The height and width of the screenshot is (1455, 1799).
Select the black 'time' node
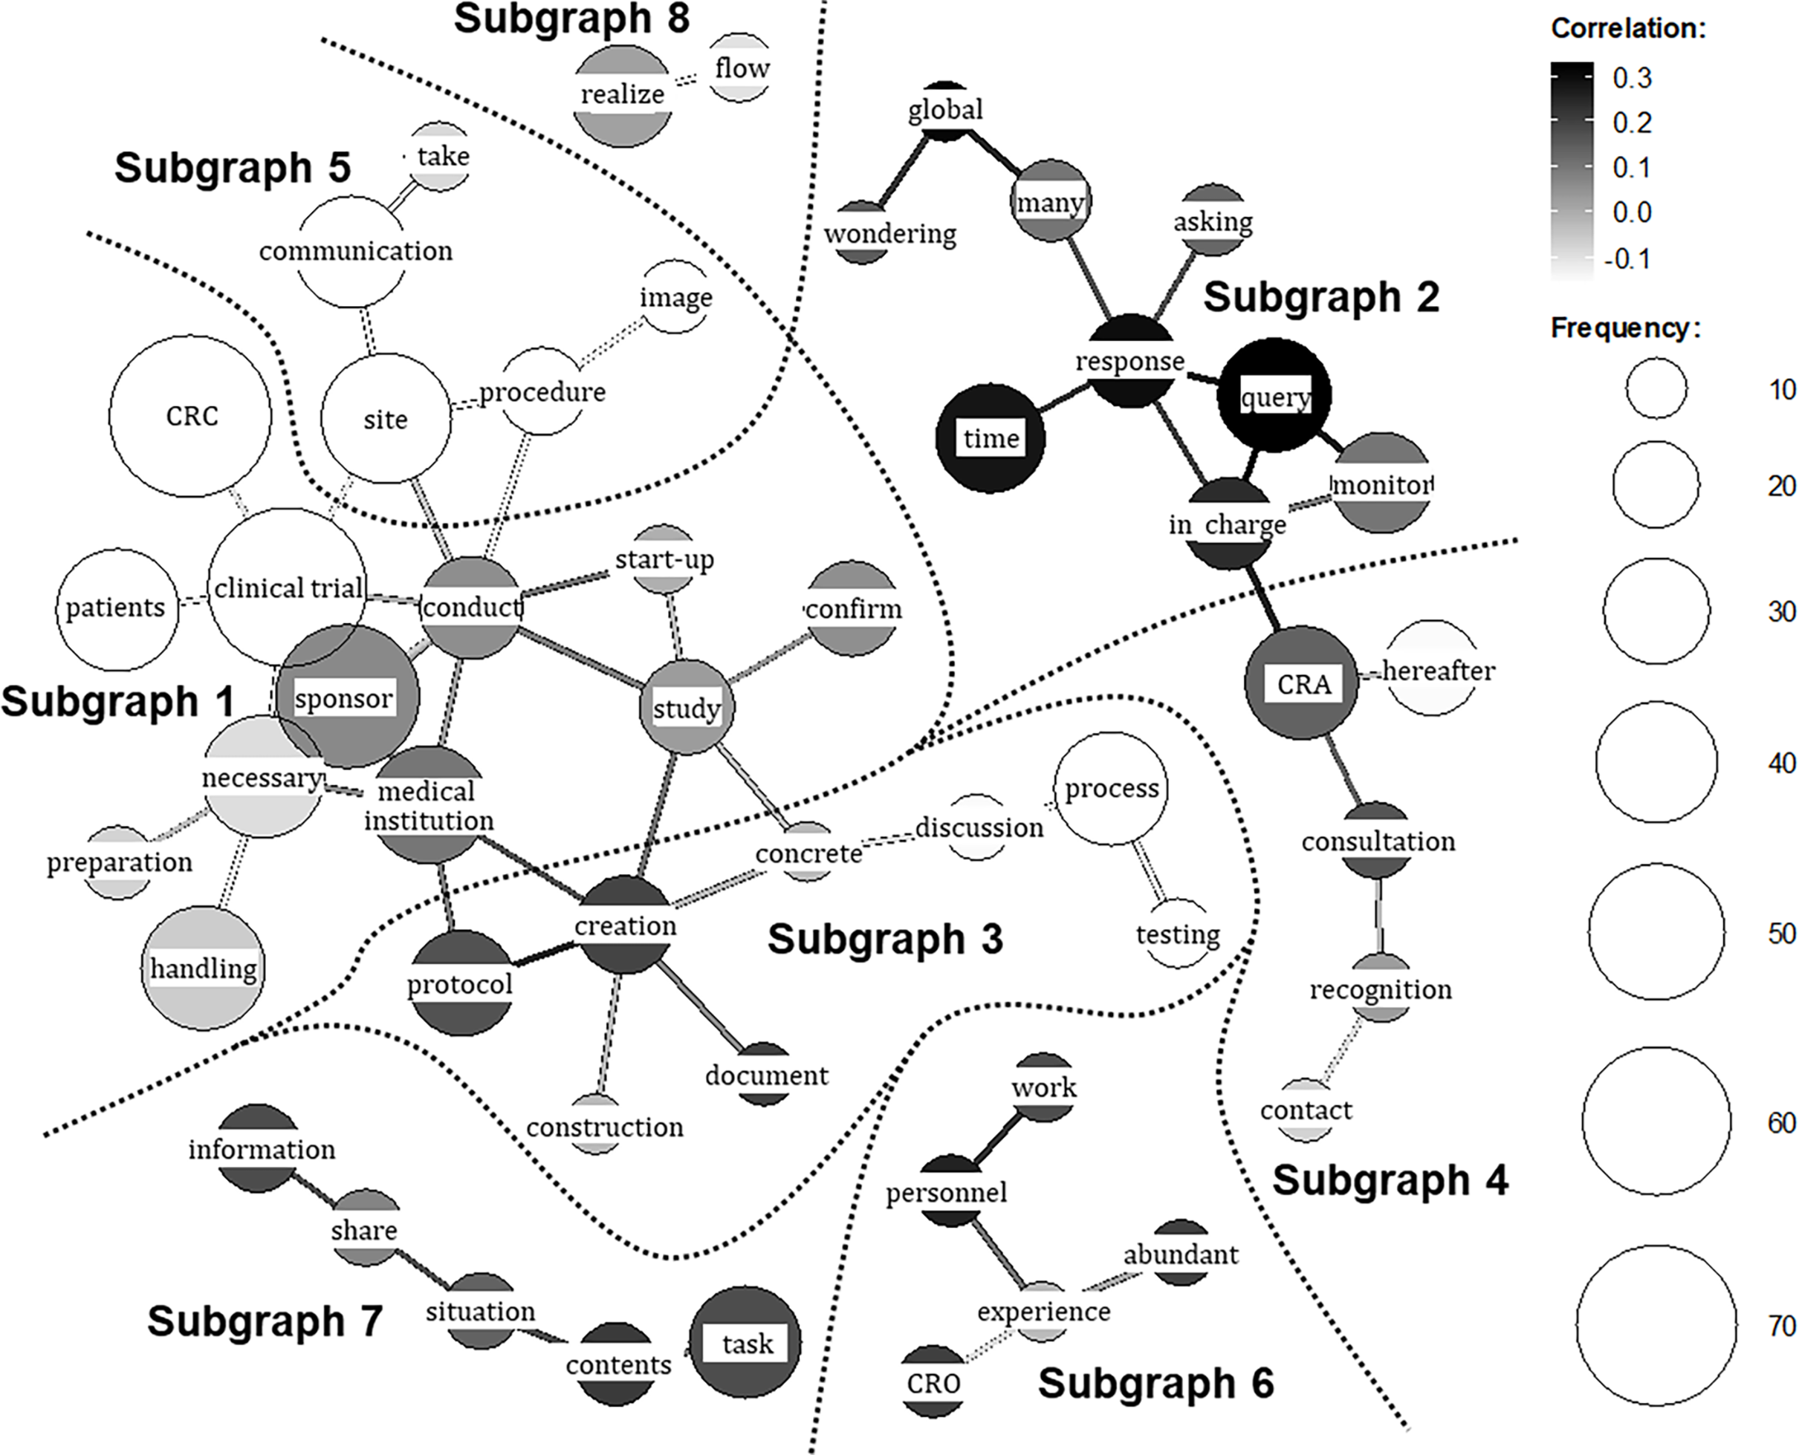click(x=990, y=437)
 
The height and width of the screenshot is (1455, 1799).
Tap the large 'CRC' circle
click(x=190, y=416)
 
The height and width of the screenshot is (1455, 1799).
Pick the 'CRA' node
click(x=1302, y=683)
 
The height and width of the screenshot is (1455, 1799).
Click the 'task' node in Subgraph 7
click(x=745, y=1343)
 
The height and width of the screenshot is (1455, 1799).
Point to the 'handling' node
click(x=203, y=968)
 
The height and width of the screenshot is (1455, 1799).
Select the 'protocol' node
click(x=460, y=983)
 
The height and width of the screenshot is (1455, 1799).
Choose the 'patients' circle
click(x=117, y=608)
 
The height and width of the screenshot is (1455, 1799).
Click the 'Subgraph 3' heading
click(x=884, y=939)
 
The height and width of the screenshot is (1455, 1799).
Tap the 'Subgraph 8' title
click(x=571, y=19)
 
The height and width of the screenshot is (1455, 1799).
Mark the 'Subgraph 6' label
click(x=1155, y=1383)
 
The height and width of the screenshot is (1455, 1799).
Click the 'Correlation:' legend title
click(x=1628, y=28)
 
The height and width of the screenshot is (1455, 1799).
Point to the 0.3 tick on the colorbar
click(x=1631, y=78)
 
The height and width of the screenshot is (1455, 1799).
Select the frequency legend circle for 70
click(x=1656, y=1326)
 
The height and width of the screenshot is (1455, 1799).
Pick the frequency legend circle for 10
click(x=1656, y=388)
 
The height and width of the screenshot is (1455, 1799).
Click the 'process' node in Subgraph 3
click(x=1111, y=788)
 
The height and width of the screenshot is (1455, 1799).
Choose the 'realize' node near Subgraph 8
click(x=622, y=95)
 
